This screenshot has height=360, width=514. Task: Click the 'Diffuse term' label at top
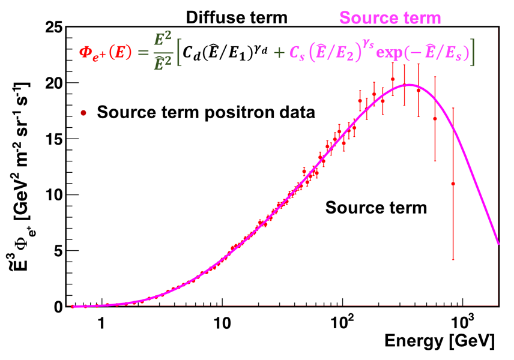pos(236,18)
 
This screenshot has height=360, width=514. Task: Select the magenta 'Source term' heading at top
pos(390,18)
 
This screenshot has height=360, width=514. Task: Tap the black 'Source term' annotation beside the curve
pos(376,208)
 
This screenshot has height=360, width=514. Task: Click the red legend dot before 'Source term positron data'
pos(85,112)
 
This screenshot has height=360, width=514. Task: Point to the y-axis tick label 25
pos(53,28)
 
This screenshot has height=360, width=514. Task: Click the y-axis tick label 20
pos(53,83)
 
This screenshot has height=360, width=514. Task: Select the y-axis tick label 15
pos(53,139)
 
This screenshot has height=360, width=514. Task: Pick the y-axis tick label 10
pos(53,194)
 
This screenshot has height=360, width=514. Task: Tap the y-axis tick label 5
pos(58,250)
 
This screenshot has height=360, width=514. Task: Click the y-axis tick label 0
pos(58,307)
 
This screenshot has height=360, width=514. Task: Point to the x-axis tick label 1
pos(102,323)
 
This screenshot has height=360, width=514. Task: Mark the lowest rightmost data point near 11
pos(453,184)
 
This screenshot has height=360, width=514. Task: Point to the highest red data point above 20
pos(393,79)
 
